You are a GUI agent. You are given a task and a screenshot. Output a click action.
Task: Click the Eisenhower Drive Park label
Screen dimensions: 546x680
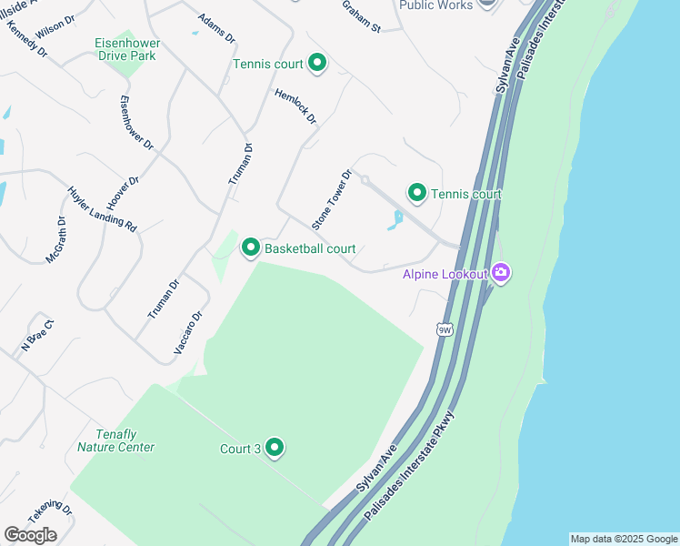(x=125, y=49)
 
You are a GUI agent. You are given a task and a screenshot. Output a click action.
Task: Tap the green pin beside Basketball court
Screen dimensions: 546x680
(x=250, y=248)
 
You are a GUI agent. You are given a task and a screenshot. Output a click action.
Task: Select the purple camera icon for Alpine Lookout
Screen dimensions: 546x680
(x=501, y=272)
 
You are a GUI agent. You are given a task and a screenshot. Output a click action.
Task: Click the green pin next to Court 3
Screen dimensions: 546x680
(x=274, y=448)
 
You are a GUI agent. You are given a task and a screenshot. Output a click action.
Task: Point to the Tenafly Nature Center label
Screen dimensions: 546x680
(x=115, y=440)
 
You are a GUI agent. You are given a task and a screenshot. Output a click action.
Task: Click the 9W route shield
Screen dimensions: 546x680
(x=444, y=329)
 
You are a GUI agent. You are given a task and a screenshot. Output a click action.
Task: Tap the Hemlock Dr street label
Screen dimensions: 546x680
(x=295, y=106)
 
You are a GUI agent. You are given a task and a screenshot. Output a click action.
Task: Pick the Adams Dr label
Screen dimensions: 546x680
(x=216, y=29)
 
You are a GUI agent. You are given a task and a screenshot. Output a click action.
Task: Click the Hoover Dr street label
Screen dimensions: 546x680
(x=123, y=194)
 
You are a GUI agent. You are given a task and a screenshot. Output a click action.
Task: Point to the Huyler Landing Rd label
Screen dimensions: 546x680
(x=102, y=209)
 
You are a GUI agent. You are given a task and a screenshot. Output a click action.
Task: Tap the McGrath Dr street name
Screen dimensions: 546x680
(x=57, y=240)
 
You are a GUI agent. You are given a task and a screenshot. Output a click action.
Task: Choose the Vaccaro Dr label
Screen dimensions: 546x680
(x=187, y=333)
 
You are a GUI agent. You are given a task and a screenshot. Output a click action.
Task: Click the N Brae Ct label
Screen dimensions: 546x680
(x=38, y=334)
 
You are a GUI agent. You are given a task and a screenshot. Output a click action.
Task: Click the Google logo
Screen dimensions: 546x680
(x=30, y=534)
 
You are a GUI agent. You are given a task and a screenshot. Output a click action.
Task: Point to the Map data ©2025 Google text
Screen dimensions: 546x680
(x=624, y=539)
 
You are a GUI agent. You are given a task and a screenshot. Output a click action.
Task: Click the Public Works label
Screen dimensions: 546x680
(x=436, y=5)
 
